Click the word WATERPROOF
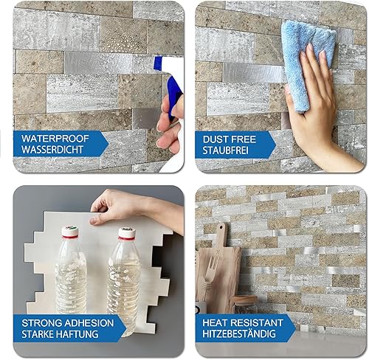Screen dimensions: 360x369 pos(53,138)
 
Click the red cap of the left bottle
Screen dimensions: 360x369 pos(71,232)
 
